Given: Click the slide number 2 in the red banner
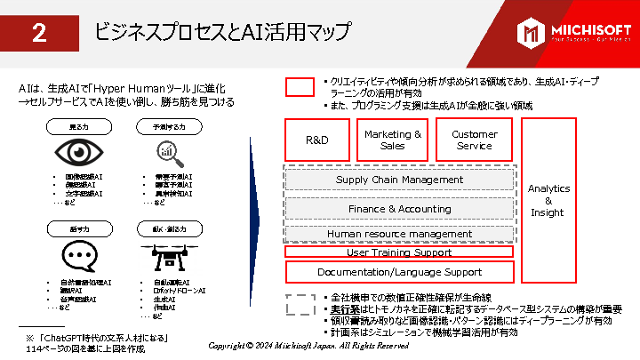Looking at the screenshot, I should click(39, 34).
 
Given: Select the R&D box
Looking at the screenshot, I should click(317, 140).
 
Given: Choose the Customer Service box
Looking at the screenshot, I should click(474, 140).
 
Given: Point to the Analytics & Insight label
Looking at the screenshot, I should click(548, 200).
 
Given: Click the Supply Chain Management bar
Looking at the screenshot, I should click(399, 180).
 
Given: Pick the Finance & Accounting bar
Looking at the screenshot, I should click(399, 209).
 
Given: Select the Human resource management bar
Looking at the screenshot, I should click(399, 234).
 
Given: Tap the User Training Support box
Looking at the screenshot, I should click(399, 252).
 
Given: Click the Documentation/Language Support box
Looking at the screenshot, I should click(399, 272).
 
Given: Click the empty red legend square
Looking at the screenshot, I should click(300, 87).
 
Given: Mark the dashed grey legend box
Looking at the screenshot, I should click(300, 303).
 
